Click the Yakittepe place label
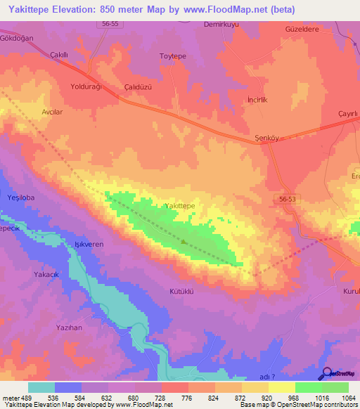point(179,205)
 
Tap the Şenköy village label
point(266,138)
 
